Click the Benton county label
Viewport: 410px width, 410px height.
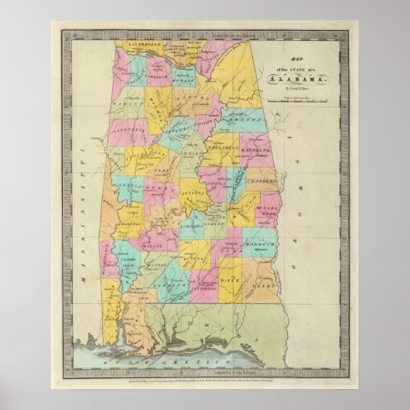(244, 121)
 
